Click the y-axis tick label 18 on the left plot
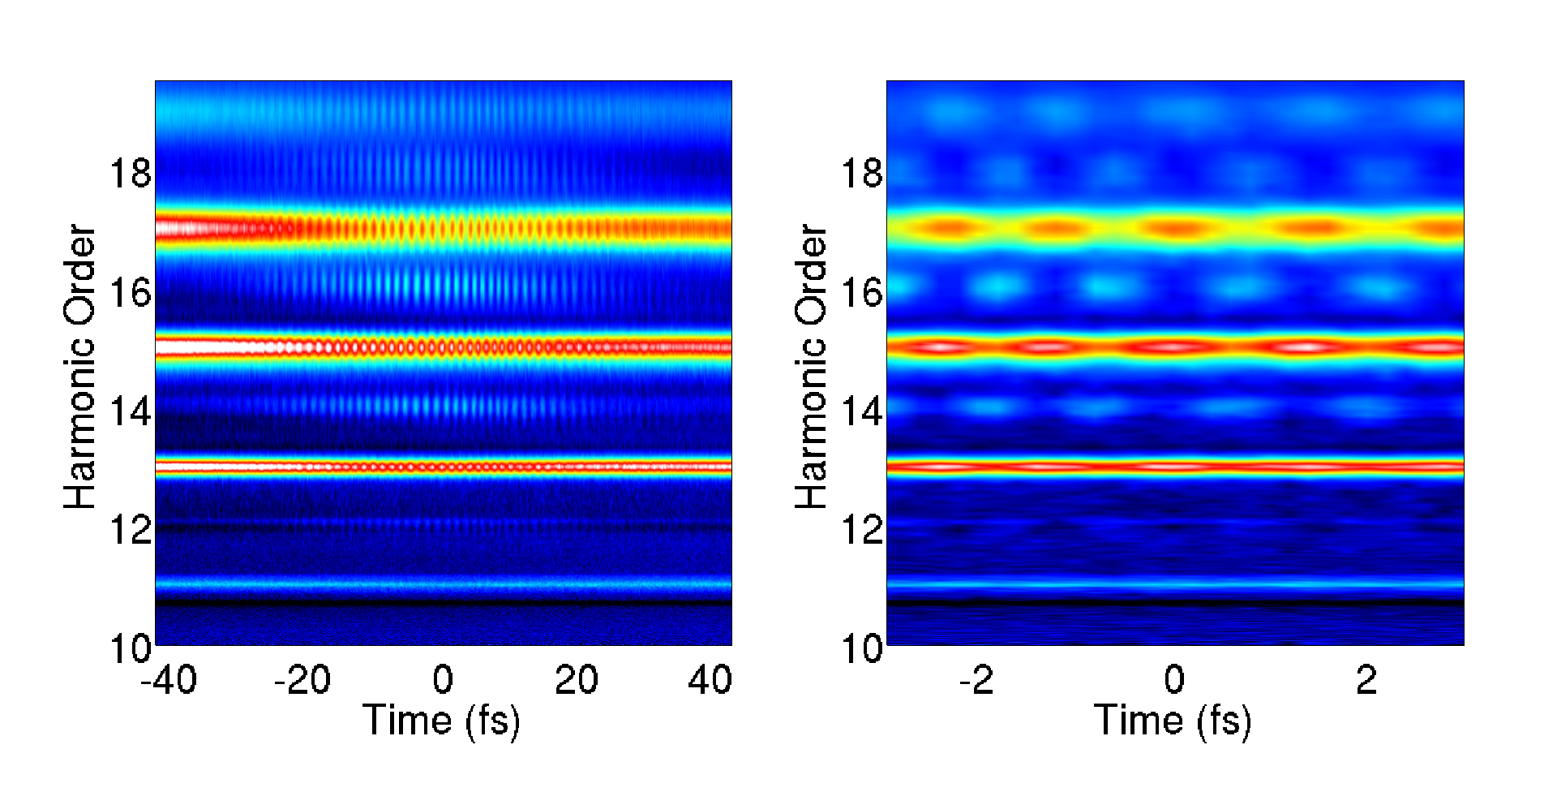pyautogui.click(x=131, y=174)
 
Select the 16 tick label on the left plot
pyautogui.click(x=131, y=293)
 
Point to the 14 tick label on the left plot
pyautogui.click(x=131, y=412)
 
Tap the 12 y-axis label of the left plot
pyautogui.click(x=131, y=531)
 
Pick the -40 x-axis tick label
pyautogui.click(x=169, y=680)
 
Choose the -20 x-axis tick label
pyautogui.click(x=302, y=680)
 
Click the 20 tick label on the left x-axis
pyautogui.click(x=577, y=680)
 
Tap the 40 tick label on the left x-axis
pyautogui.click(x=710, y=680)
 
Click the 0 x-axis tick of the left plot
pyautogui.click(x=443, y=680)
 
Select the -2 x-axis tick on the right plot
pyautogui.click(x=976, y=680)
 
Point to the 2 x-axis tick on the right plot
pyautogui.click(x=1366, y=680)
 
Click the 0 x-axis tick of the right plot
pyautogui.click(x=1174, y=680)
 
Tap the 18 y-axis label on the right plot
pyautogui.click(x=862, y=174)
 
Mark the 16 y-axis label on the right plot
pyautogui.click(x=862, y=293)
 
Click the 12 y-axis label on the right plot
pyautogui.click(x=862, y=531)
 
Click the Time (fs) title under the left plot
pyautogui.click(x=442, y=721)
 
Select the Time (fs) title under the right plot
pyautogui.click(x=1173, y=721)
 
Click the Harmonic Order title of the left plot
pyautogui.click(x=80, y=367)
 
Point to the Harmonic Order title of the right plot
pyautogui.click(x=811, y=367)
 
